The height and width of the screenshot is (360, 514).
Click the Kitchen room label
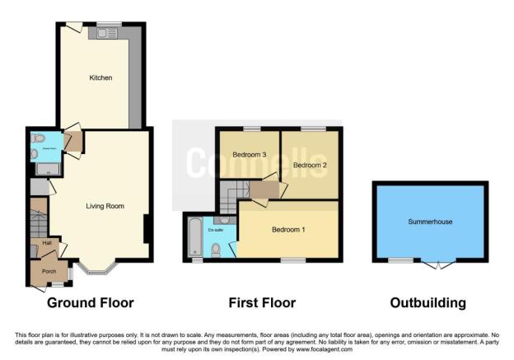pyautogui.click(x=100, y=78)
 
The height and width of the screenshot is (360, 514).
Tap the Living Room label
pyautogui.click(x=105, y=206)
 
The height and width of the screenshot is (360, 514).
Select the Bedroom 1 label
pyautogui.click(x=289, y=229)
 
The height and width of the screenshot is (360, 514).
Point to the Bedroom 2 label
pyautogui.click(x=310, y=165)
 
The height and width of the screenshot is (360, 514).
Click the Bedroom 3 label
pyautogui.click(x=249, y=154)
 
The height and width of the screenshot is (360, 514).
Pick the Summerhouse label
pyautogui.click(x=430, y=222)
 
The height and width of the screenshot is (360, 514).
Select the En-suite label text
pyautogui.click(x=217, y=231)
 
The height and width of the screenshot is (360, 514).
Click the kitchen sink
pyautogui.click(x=105, y=33)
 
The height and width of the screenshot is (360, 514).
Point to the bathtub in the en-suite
pyautogui.click(x=194, y=237)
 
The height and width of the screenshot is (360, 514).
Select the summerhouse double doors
pyautogui.click(x=439, y=263)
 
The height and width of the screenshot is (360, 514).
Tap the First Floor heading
pyautogui.click(x=262, y=303)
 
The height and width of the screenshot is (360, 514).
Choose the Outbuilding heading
pyautogui.click(x=429, y=303)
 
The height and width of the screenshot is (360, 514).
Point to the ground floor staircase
pyautogui.click(x=38, y=221)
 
